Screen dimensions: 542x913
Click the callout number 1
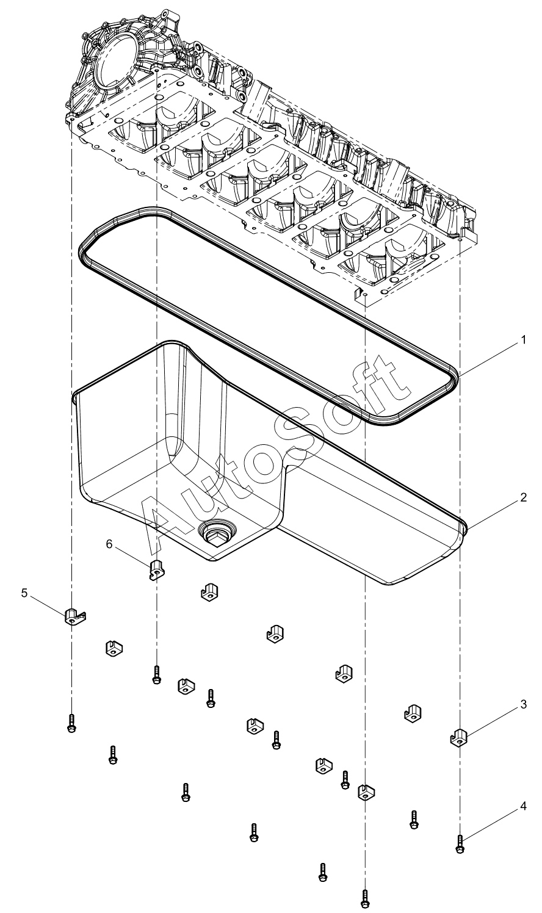524,340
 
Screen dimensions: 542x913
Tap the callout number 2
524,497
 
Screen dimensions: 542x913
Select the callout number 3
524,704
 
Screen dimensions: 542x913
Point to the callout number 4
524,806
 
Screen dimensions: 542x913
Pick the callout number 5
24,593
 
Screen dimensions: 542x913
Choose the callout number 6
109,544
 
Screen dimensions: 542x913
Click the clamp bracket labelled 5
75,617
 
